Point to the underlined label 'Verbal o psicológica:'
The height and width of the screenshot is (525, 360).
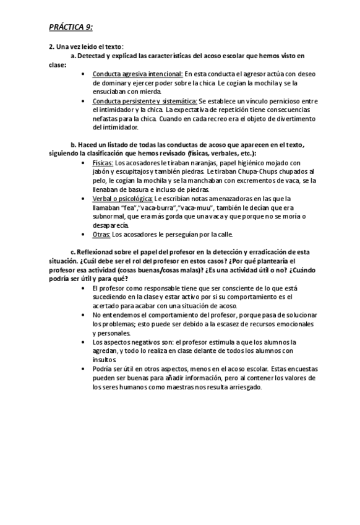(x=122, y=199)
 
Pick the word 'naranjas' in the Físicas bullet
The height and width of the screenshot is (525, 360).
(x=179, y=163)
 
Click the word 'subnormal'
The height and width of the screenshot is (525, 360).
(x=111, y=216)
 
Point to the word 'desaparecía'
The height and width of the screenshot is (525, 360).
(x=110, y=225)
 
